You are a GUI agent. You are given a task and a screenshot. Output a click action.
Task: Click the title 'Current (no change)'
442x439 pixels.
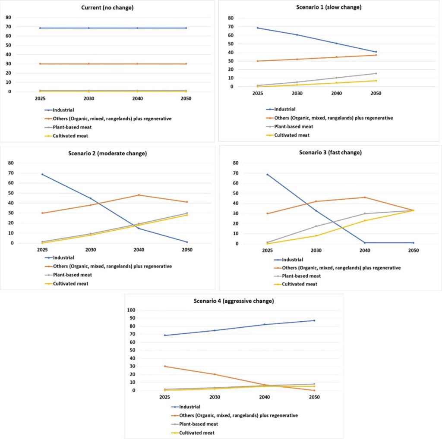point(108,8)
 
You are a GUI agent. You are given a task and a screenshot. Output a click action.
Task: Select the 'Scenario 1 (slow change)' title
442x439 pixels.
point(329,7)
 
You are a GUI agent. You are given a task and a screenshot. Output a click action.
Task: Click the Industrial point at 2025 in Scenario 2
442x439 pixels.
point(42,174)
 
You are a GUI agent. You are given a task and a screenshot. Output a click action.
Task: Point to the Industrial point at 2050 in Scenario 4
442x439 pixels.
point(314,320)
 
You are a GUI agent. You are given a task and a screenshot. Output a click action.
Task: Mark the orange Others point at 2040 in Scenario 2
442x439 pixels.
point(139,195)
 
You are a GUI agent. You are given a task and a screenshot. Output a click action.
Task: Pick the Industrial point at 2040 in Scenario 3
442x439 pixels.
point(365,243)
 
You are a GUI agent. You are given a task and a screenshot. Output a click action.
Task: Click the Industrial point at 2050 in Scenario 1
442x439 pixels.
point(376,52)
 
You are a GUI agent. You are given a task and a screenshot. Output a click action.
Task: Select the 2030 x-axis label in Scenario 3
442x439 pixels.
point(316,251)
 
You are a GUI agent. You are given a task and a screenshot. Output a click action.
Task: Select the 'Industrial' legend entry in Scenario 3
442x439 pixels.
point(292,260)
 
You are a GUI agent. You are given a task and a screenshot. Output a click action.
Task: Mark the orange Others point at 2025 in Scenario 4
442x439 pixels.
point(164,366)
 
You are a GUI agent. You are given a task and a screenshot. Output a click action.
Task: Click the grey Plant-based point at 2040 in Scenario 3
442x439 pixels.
point(365,213)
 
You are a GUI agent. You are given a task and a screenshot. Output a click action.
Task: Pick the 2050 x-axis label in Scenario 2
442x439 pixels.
point(186,250)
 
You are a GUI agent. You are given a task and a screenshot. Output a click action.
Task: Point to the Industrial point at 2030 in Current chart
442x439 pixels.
point(89,28)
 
